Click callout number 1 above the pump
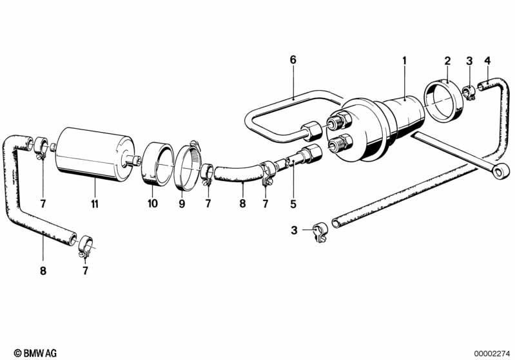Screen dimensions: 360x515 405,61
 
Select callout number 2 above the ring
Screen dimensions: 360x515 447,61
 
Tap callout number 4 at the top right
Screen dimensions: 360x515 487,61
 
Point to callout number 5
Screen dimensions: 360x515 293,205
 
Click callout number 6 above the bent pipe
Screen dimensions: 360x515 293,60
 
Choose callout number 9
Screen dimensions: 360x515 182,204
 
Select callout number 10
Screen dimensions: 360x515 153,204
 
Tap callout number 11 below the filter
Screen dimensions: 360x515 94,204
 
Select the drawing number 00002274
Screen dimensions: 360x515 491,353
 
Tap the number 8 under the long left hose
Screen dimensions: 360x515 43,271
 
